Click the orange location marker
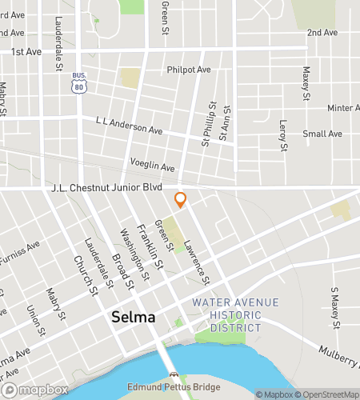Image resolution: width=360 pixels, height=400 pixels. [180, 199]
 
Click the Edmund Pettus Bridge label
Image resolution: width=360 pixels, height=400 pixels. [173, 388]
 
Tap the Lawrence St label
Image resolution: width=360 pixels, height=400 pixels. [197, 263]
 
